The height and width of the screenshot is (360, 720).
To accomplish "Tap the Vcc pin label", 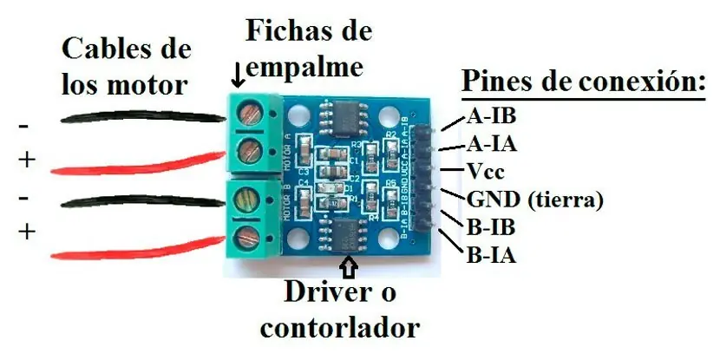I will click(x=484, y=171).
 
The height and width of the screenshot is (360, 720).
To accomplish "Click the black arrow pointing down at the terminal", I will click(x=238, y=80).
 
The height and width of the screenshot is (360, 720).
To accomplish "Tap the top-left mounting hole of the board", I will click(x=298, y=112).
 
